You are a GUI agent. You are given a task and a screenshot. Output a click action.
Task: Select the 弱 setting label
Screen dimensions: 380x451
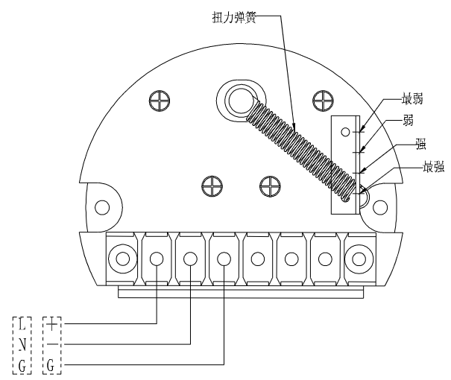point(409,119)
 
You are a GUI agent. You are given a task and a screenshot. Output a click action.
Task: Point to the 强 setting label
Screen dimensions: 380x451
point(409,146)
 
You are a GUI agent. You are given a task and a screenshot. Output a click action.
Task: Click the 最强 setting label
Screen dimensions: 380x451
point(414,168)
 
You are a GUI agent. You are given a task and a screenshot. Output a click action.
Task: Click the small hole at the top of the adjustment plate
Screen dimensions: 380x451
point(345,132)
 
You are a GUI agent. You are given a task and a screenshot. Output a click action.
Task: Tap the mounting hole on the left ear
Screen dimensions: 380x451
point(102,206)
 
